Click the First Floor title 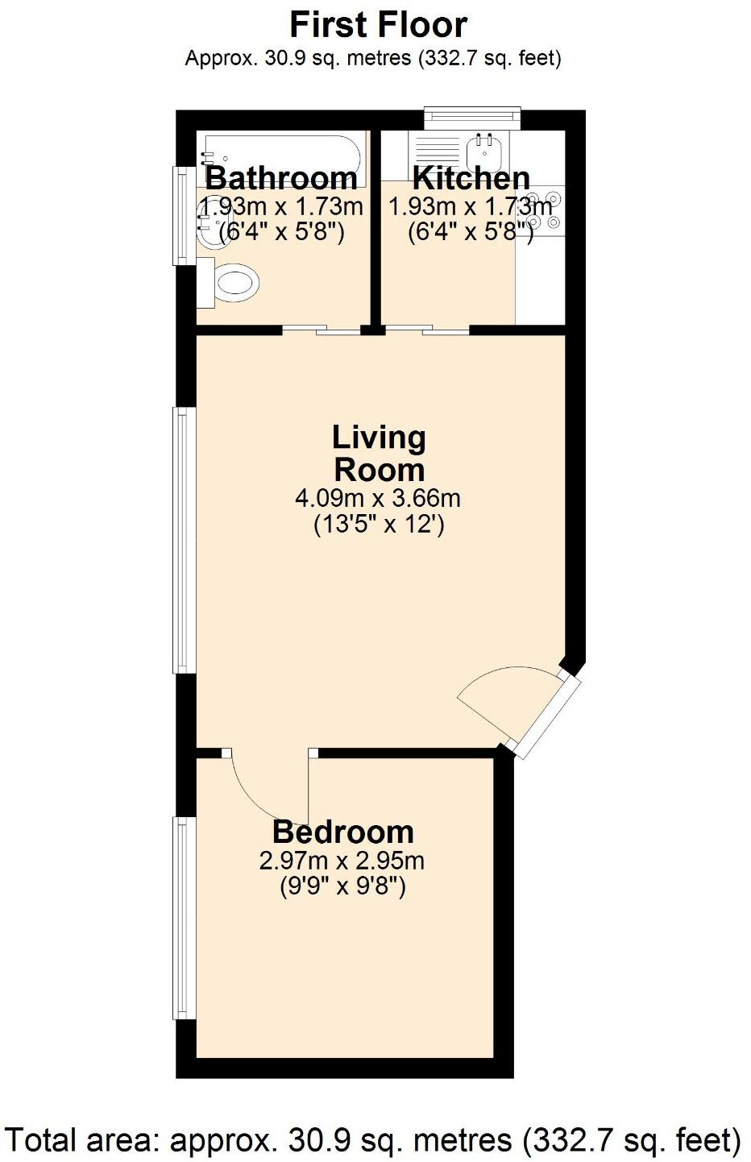tap(378, 25)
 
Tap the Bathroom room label tap(281, 177)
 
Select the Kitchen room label tap(471, 177)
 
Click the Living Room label tap(378, 453)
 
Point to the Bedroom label tap(342, 831)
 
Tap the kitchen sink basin tap(486, 149)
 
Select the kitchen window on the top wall tap(472, 118)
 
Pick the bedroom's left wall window tap(185, 919)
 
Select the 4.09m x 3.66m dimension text tap(378, 497)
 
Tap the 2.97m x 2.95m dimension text tap(342, 861)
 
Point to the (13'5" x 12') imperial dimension tap(378, 525)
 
